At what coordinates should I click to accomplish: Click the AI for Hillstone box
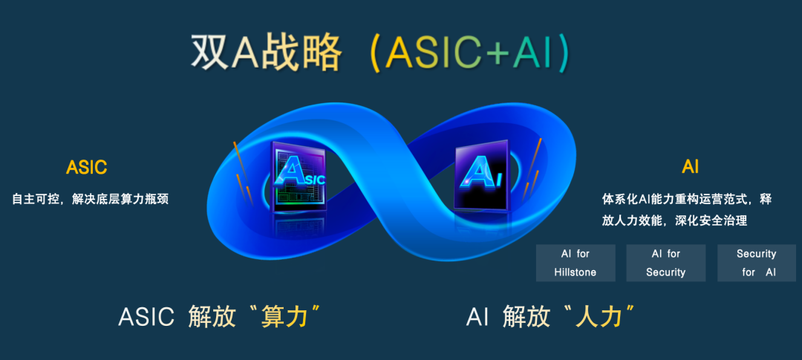(x=576, y=263)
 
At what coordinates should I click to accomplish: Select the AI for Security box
(x=666, y=263)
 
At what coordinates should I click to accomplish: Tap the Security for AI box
(x=757, y=263)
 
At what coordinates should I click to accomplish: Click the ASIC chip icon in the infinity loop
(x=299, y=177)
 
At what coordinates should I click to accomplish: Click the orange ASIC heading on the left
(x=86, y=167)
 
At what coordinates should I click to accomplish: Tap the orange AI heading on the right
(x=690, y=167)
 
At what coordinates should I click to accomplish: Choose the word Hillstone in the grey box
(x=575, y=272)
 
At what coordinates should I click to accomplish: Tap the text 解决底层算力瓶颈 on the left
(x=120, y=199)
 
